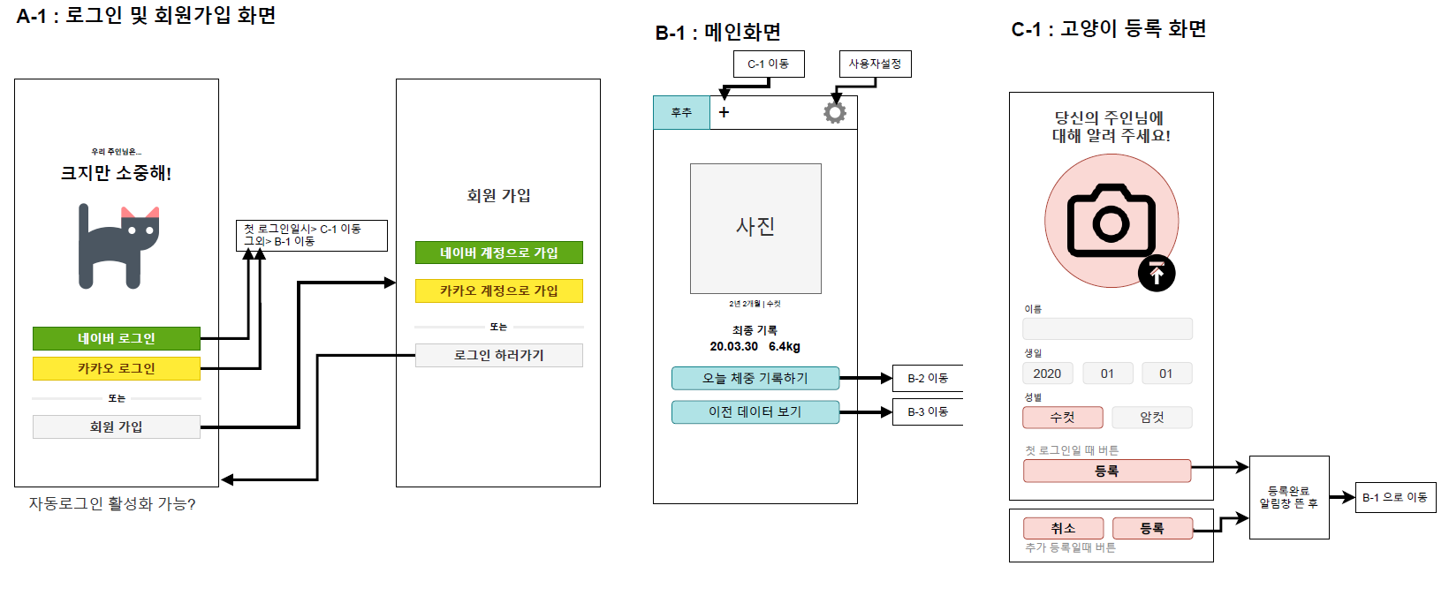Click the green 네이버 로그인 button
[x=116, y=338]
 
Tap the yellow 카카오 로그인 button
[x=116, y=368]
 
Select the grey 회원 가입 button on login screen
[x=116, y=426]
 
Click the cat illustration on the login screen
[x=118, y=246]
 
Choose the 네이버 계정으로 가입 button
[x=498, y=253]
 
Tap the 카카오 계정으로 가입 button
[x=498, y=290]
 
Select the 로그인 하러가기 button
[x=498, y=355]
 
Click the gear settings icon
[x=834, y=112]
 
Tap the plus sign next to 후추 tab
[x=724, y=112]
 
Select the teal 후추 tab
[x=681, y=112]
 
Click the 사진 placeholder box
[x=755, y=228]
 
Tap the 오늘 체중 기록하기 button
[x=755, y=378]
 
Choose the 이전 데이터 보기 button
[x=755, y=411]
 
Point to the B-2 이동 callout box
[x=927, y=378]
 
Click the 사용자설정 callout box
[x=875, y=64]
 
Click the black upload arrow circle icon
[x=1157, y=274]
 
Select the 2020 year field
[x=1047, y=373]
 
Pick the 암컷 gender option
[x=1151, y=417]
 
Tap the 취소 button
[x=1063, y=528]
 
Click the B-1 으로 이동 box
[x=1395, y=497]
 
